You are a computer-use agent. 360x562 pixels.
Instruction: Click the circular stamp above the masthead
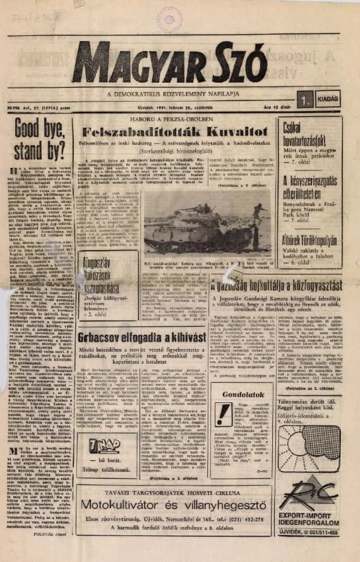(x=169, y=20)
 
